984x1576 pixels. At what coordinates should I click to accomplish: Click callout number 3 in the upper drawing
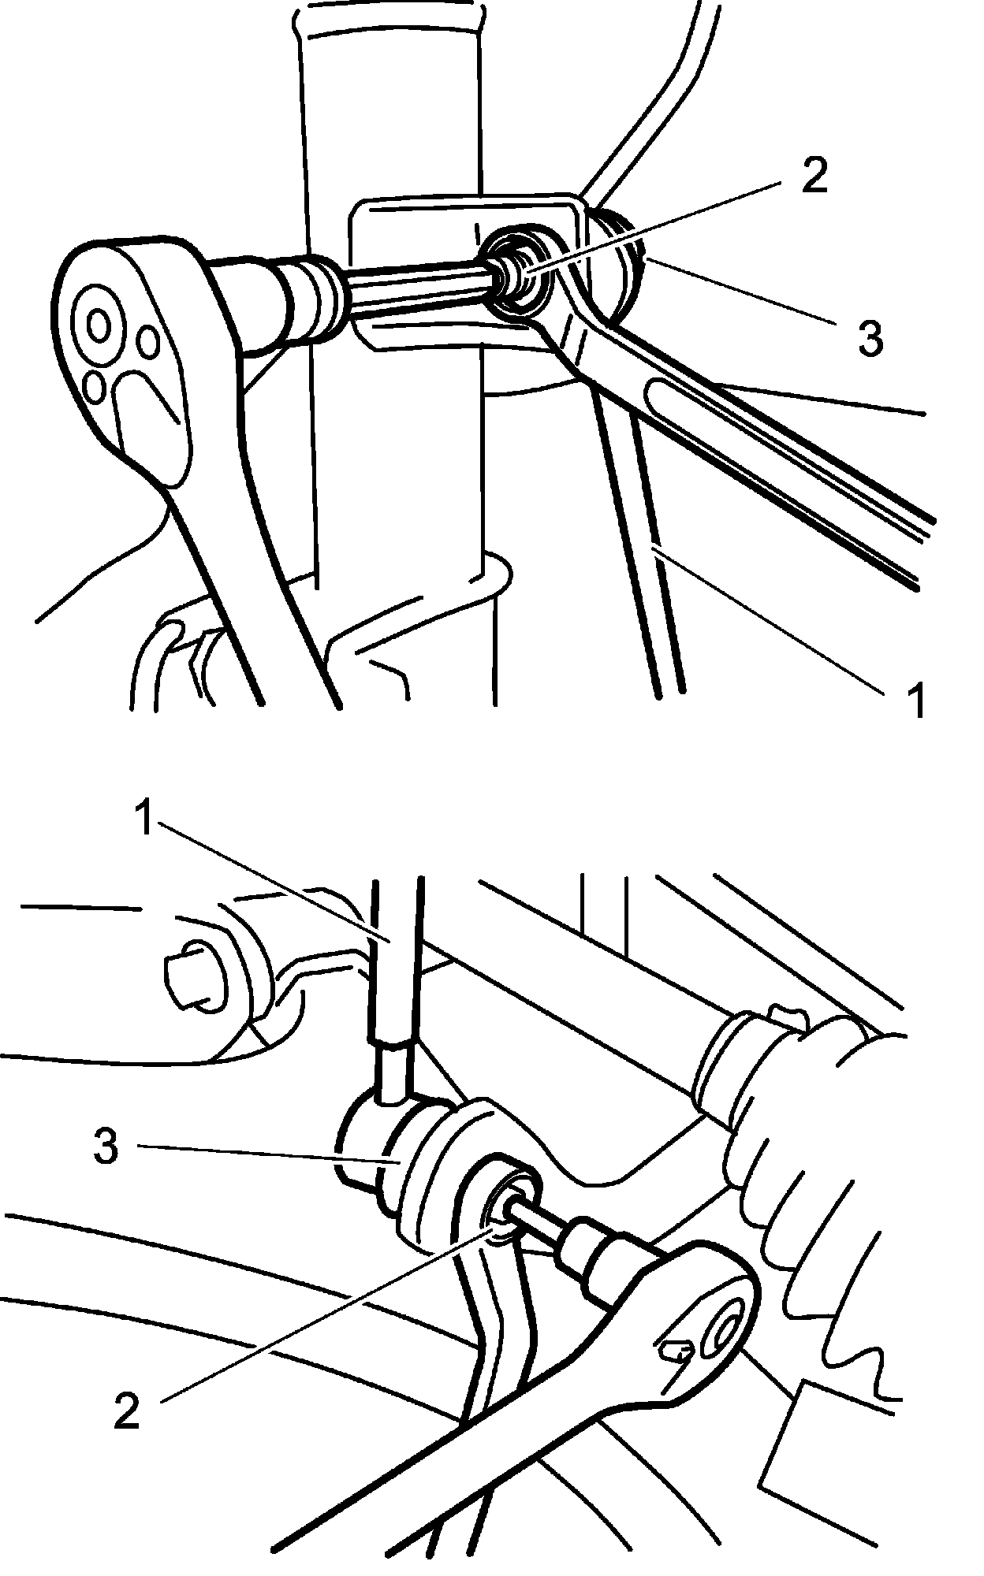[870, 337]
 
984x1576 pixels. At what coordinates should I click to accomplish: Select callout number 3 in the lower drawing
[106, 1146]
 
